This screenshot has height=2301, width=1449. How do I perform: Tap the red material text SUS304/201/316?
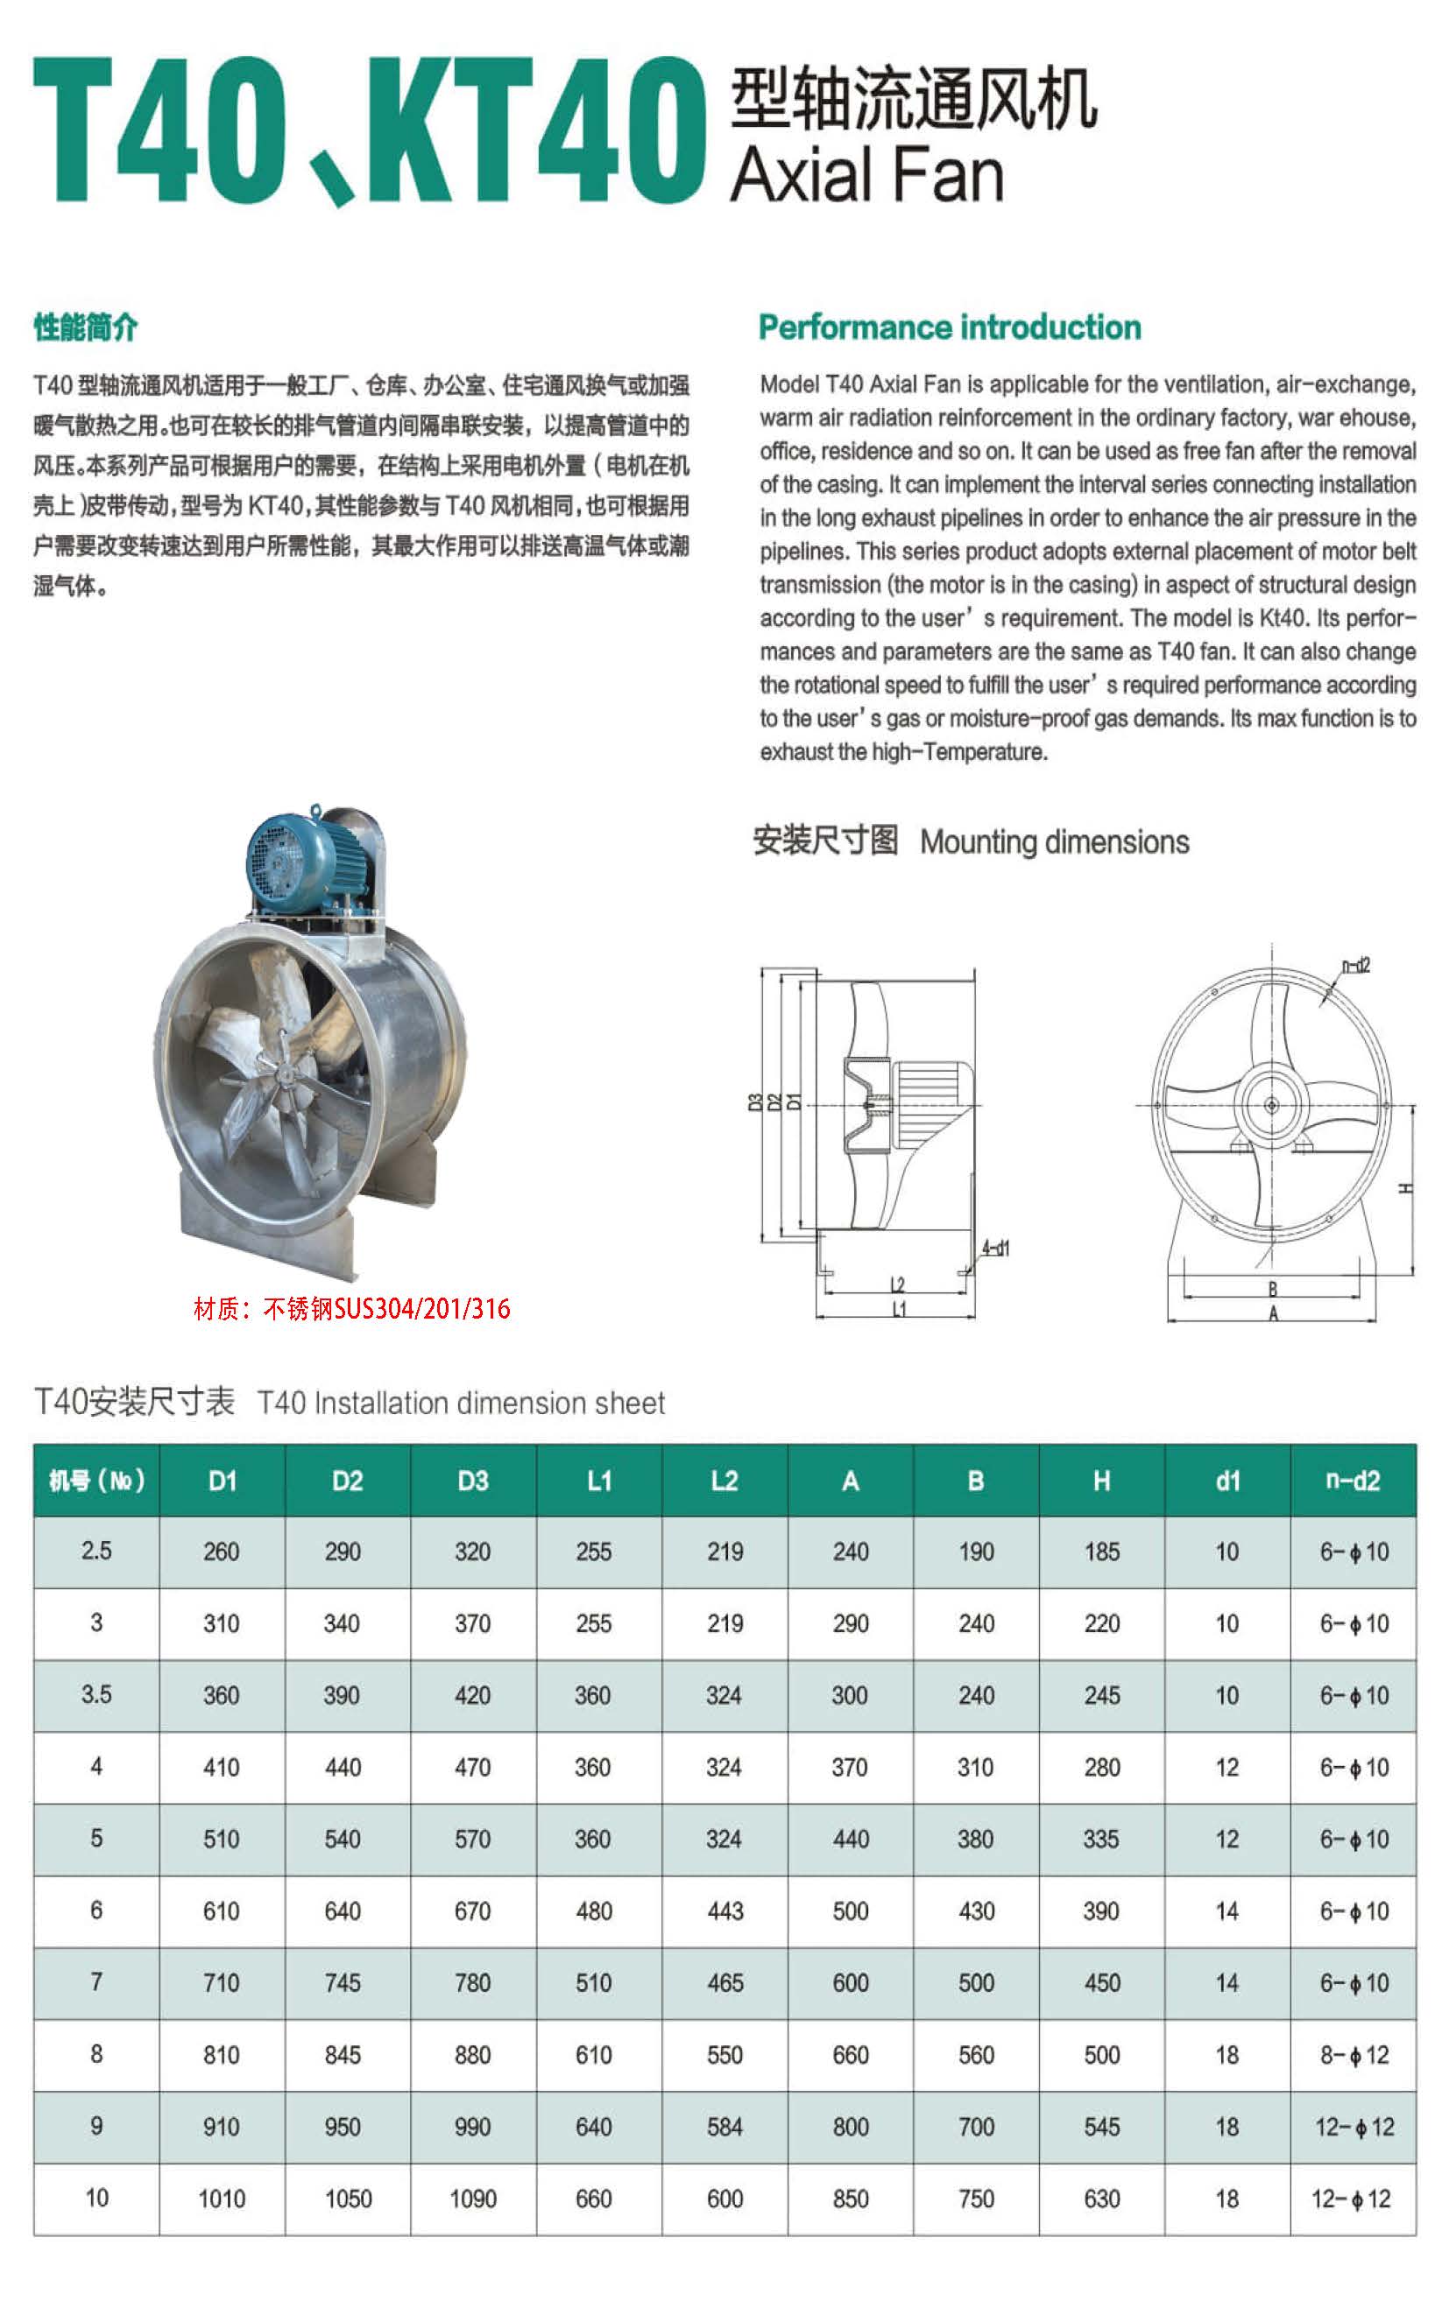tap(351, 1308)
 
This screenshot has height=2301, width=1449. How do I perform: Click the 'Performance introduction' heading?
tap(949, 327)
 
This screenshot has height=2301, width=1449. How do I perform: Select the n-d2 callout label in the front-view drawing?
tap(1355, 966)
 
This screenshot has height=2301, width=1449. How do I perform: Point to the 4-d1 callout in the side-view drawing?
tap(995, 1248)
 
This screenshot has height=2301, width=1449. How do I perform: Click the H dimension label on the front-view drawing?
tap(1404, 1188)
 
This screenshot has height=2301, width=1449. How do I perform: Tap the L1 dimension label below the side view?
tap(899, 1310)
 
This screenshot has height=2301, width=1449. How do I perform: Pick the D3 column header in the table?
tap(473, 1481)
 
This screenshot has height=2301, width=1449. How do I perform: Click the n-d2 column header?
tap(1353, 1481)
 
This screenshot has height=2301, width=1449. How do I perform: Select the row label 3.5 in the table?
tap(96, 1695)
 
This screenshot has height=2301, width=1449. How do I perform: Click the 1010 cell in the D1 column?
tap(222, 2199)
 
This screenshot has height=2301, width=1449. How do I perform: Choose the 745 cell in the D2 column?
tap(343, 1983)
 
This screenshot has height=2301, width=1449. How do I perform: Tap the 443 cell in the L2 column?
tap(724, 1911)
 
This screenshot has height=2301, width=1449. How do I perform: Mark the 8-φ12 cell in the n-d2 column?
tap(1354, 2054)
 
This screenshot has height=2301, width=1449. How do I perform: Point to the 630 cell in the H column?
tap(1101, 2199)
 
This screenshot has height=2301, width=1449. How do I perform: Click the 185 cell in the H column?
tap(1101, 1552)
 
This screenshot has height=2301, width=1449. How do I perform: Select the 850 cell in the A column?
tap(850, 2199)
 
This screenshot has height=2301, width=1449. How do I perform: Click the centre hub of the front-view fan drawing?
tap(1271, 1106)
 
